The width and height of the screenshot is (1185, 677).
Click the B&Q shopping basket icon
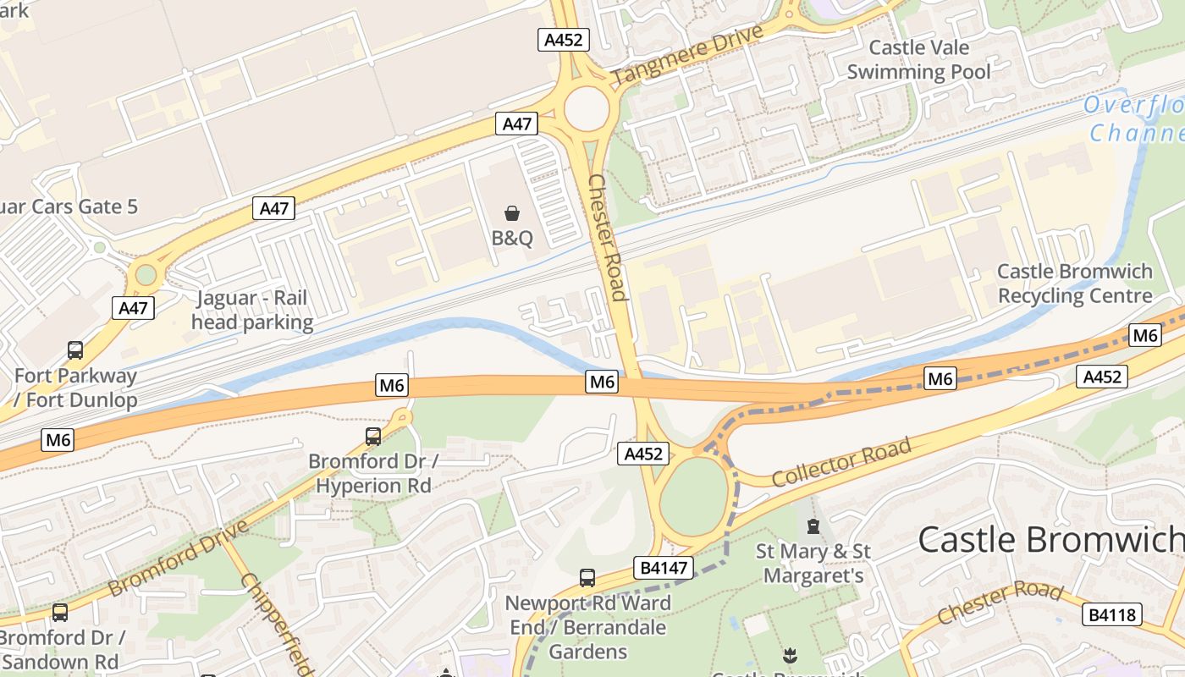click(512, 212)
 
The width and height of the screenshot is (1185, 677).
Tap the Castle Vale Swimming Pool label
click(918, 59)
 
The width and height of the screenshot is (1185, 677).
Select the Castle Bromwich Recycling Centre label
click(1075, 283)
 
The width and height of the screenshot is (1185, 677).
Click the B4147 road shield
click(664, 567)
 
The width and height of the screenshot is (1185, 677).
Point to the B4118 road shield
click(1111, 614)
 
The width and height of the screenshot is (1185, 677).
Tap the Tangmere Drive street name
click(686, 55)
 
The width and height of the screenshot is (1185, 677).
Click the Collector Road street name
click(841, 462)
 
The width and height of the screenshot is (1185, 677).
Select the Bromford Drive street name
click(179, 556)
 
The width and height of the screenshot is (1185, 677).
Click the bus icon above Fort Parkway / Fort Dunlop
click(75, 350)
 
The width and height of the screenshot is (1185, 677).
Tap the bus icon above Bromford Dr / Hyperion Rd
click(373, 437)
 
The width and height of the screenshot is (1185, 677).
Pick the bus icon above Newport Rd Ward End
click(587, 578)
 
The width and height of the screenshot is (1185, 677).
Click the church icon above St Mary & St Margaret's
click(813, 526)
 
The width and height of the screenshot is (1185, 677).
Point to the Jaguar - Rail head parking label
click(252, 310)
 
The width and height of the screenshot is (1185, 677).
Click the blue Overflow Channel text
click(1134, 119)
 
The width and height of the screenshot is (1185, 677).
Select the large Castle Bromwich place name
click(1050, 539)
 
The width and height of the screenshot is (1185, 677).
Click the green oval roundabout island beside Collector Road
click(693, 497)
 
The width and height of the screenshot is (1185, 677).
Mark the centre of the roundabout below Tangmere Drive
click(586, 109)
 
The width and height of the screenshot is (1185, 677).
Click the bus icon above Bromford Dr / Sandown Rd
click(59, 613)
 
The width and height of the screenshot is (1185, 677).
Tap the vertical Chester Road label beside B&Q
click(609, 238)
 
